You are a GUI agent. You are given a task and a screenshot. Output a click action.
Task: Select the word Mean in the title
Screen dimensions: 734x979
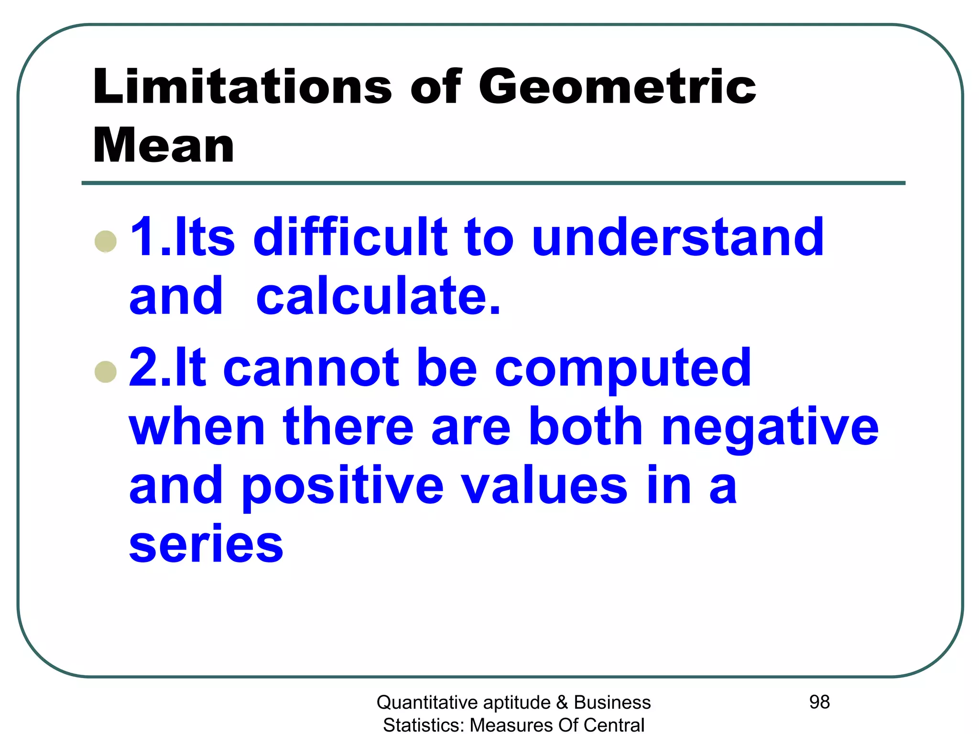click(x=163, y=146)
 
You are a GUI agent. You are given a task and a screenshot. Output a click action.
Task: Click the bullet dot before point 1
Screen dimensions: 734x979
click(x=106, y=241)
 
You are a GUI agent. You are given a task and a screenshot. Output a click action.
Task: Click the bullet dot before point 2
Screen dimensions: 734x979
click(x=106, y=372)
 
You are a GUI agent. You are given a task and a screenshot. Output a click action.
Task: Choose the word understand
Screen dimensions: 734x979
click(x=678, y=237)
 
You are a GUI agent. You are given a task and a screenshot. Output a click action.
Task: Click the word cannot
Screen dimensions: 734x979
click(x=311, y=368)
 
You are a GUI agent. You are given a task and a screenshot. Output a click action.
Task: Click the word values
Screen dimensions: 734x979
click(x=544, y=486)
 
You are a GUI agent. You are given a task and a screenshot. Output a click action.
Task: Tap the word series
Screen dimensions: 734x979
click(x=206, y=545)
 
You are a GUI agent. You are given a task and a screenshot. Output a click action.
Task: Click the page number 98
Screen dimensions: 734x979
click(x=819, y=702)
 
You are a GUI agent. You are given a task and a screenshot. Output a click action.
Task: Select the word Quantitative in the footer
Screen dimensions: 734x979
click(x=427, y=703)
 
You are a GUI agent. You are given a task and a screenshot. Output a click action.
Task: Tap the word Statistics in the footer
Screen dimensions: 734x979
click(x=424, y=725)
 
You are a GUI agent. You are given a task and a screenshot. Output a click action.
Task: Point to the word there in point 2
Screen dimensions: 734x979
click(x=348, y=426)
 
